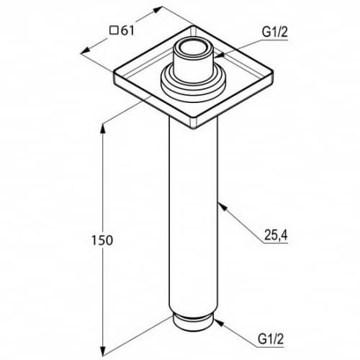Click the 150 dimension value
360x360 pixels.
click(102, 240)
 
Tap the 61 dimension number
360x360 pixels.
click(127, 31)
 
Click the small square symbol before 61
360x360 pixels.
click(114, 31)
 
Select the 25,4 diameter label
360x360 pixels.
click(276, 235)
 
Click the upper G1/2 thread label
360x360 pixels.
click(274, 32)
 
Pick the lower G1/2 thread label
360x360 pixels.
click(271, 339)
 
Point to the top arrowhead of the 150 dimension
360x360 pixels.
click(103, 128)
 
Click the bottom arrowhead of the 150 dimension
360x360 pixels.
click(103, 351)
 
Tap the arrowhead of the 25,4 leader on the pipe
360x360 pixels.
click(222, 207)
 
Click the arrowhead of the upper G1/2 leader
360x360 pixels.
click(219, 55)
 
